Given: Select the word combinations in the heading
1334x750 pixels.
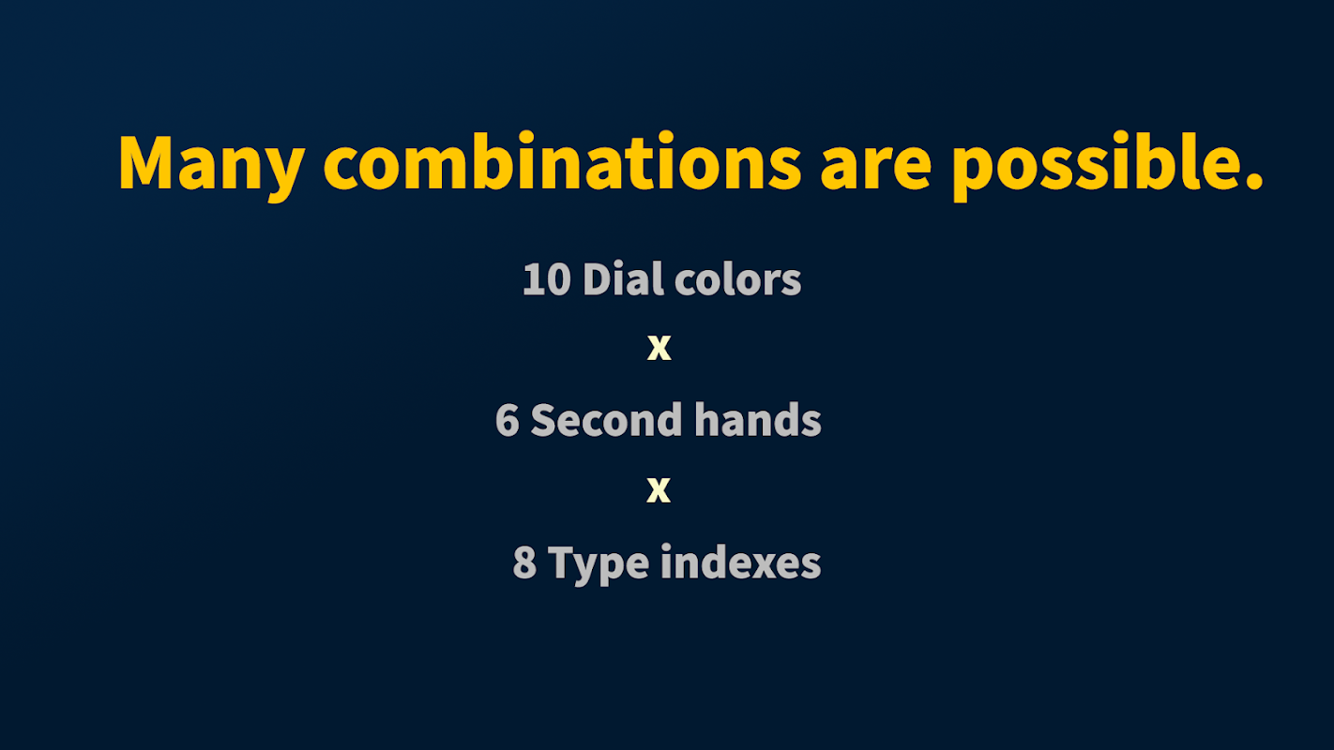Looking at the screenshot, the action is click(562, 160).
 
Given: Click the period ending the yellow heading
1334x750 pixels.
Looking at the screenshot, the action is click(1252, 180).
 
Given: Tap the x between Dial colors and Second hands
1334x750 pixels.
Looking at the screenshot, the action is click(659, 348).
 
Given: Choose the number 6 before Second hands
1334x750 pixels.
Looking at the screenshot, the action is click(508, 420).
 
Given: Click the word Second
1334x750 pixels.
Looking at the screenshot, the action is click(606, 420).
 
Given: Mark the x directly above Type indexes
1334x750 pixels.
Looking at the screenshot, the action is click(659, 490).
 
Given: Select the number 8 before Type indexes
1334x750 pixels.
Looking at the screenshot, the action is click(524, 562).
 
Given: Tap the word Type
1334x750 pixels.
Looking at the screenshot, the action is click(599, 565).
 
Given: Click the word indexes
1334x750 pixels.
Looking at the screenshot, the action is click(741, 562).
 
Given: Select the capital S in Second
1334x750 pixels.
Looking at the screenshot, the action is click(543, 420).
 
